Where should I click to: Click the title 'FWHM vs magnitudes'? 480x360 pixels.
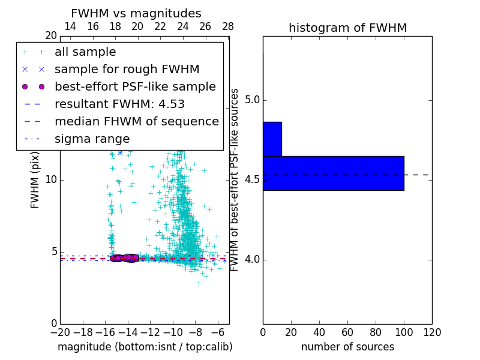pyautogui.click(x=136, y=14)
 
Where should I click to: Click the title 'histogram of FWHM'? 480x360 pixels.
pyautogui.click(x=347, y=28)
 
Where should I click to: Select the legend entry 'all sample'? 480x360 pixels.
pyautogui.click(x=85, y=52)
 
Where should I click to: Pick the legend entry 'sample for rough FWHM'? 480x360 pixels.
pyautogui.click(x=127, y=69)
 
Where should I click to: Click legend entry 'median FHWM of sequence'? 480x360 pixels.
pyautogui.click(x=136, y=121)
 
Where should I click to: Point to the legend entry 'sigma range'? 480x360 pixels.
pyautogui.click(x=92, y=139)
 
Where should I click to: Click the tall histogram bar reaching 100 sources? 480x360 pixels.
pyautogui.click(x=333, y=173)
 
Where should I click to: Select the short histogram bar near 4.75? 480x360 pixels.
pyautogui.click(x=272, y=139)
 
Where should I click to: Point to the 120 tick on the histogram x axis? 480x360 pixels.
pyautogui.click(x=432, y=332)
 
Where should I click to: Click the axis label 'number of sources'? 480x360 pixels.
pyautogui.click(x=347, y=347)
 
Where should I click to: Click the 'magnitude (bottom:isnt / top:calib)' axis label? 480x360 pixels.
pyautogui.click(x=145, y=347)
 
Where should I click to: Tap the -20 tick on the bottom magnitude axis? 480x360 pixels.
pyautogui.click(x=60, y=332)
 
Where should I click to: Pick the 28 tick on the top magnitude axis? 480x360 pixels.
pyautogui.click(x=228, y=26)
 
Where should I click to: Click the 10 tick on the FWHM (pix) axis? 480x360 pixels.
pyautogui.click(x=51, y=180)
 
